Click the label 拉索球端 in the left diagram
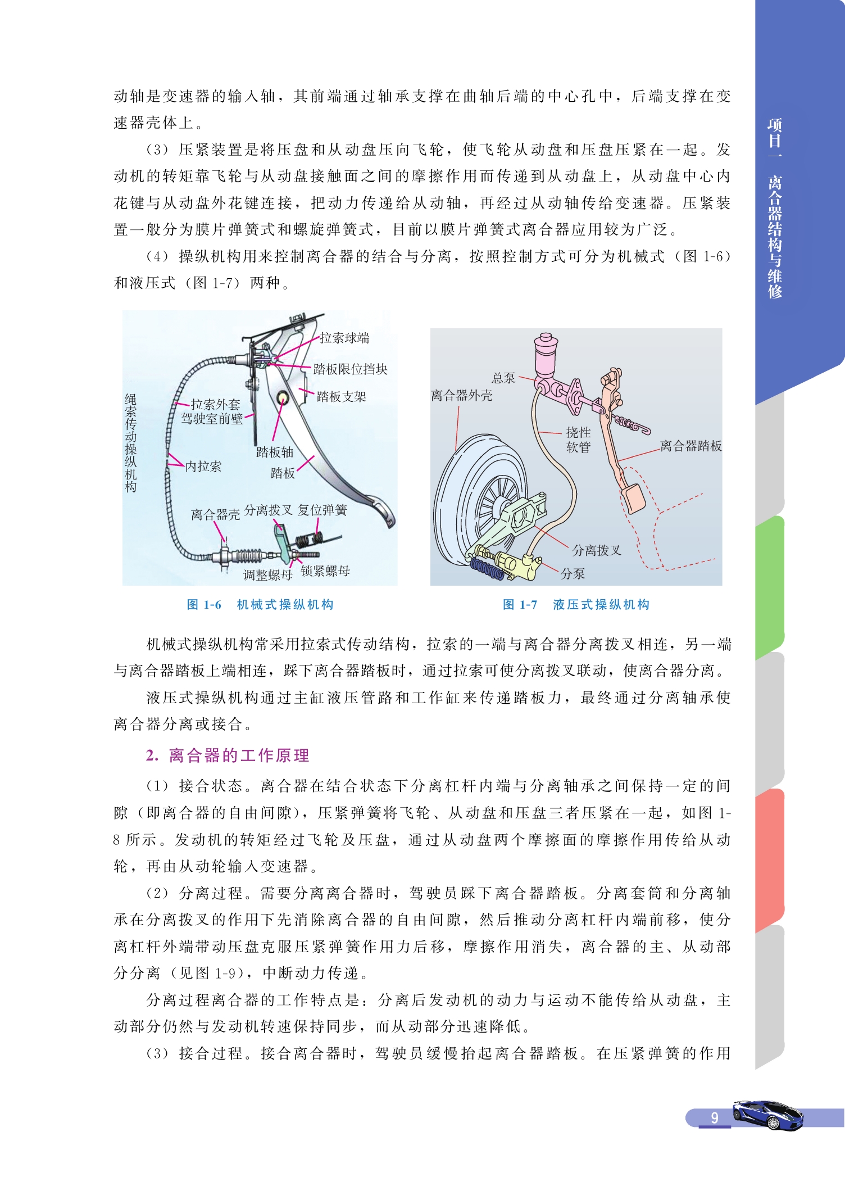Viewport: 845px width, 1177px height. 344,338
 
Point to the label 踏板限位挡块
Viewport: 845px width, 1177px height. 351,369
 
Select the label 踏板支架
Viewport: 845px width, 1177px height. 341,396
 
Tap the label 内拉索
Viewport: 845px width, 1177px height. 203,466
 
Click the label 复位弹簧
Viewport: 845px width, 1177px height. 322,510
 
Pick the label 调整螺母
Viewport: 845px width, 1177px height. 268,574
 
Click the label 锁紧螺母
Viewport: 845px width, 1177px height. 325,571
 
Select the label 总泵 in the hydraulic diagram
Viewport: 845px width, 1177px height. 503,378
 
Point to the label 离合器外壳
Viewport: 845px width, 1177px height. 462,395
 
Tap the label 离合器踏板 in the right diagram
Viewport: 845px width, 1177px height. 691,446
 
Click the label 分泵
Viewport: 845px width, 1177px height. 573,573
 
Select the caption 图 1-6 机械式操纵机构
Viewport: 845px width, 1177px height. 260,604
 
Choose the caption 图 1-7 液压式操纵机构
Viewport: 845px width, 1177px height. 576,604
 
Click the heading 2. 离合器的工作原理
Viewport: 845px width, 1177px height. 228,755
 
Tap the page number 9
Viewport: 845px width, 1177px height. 715,1117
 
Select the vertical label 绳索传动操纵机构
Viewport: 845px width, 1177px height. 130,443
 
